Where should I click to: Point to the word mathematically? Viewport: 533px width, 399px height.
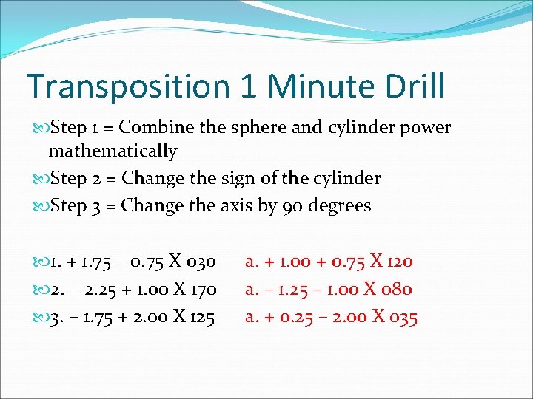tap(113, 151)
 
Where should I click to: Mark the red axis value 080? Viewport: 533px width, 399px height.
tap(396, 290)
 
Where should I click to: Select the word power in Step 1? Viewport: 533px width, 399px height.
tap(425, 128)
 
